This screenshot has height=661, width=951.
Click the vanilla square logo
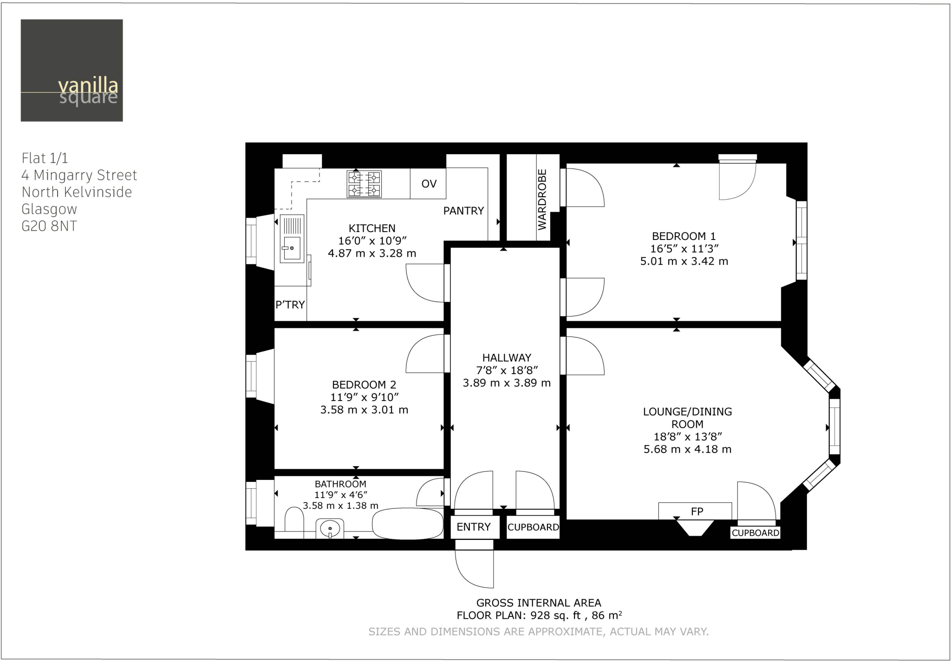pyautogui.click(x=72, y=71)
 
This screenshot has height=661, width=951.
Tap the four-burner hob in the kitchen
pyautogui.click(x=365, y=184)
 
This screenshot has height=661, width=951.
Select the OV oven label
pyautogui.click(x=429, y=184)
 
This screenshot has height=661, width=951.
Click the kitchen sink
pyautogui.click(x=292, y=239)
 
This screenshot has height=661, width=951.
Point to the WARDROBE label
pyautogui.click(x=542, y=200)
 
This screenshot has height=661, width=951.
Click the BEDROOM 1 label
pyautogui.click(x=684, y=236)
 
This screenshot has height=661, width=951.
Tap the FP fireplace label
pyautogui.click(x=697, y=512)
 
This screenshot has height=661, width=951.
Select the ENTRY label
pyautogui.click(x=474, y=527)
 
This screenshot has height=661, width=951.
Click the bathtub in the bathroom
pyautogui.click(x=408, y=524)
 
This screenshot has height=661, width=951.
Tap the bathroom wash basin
pyautogui.click(x=330, y=528)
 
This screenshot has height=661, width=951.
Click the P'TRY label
pyautogui.click(x=290, y=305)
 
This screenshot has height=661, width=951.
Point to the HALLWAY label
pyautogui.click(x=507, y=358)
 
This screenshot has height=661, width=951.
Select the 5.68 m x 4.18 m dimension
pyautogui.click(x=687, y=449)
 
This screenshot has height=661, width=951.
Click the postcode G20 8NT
pyautogui.click(x=49, y=226)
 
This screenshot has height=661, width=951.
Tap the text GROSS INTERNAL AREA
pyautogui.click(x=539, y=603)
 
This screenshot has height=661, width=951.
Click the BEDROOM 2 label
pyautogui.click(x=364, y=385)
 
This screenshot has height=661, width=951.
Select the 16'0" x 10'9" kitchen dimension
pyautogui.click(x=372, y=240)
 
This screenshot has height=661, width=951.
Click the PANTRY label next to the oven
pyautogui.click(x=463, y=211)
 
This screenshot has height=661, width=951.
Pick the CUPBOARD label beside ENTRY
pyautogui.click(x=533, y=527)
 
